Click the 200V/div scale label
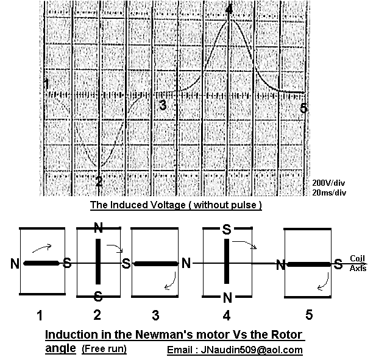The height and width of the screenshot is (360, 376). pos(328,183)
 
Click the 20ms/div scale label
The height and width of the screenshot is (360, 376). pos(329,192)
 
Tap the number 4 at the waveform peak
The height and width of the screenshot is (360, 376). pos(229,10)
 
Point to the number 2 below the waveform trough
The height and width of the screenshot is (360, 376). pos(99,181)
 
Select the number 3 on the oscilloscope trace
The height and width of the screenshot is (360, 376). pos(163,105)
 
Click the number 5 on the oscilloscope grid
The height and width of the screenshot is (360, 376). pos(303,108)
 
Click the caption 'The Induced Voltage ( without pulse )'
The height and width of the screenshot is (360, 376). pos(176,205)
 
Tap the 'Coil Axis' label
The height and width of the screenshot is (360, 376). pos(358,263)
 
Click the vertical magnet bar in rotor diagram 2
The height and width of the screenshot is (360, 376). pos(98,261)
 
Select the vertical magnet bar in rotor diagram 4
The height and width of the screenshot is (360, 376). pos(227,261)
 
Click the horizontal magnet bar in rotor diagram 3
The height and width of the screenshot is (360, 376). pos(156,264)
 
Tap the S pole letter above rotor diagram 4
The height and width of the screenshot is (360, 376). pos(227,229)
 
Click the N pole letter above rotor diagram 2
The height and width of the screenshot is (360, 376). pos(98,228)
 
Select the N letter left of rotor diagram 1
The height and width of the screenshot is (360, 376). pos(15,264)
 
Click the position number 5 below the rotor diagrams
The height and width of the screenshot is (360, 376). pos(309,315)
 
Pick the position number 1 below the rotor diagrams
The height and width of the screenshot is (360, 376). pos(40,315)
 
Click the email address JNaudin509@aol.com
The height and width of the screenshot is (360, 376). pos(252,350)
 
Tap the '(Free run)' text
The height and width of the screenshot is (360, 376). pos(104,349)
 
